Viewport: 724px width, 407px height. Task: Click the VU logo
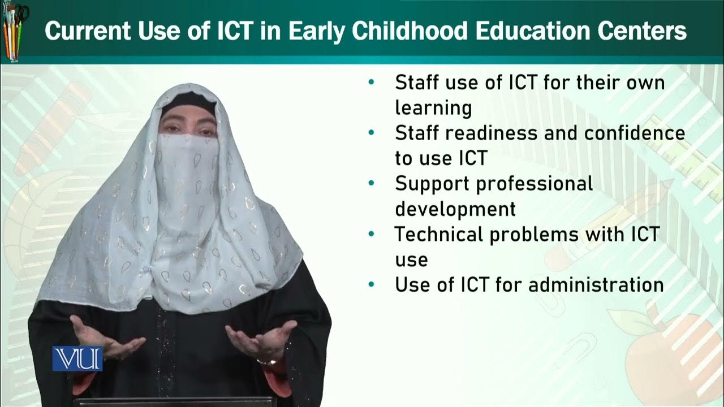point(77,358)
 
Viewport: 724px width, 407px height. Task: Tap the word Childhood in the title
point(411,31)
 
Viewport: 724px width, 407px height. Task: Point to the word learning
point(433,107)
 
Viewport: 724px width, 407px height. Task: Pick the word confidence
point(635,133)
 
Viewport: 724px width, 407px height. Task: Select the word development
point(455,209)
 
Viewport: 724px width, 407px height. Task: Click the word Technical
point(438,234)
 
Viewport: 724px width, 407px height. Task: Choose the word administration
point(596,284)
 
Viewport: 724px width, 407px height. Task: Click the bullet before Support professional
point(372,184)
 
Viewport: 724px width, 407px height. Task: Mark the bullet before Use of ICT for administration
point(372,284)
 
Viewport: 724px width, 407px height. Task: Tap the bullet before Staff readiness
point(372,133)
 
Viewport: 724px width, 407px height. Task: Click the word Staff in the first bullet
point(417,83)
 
